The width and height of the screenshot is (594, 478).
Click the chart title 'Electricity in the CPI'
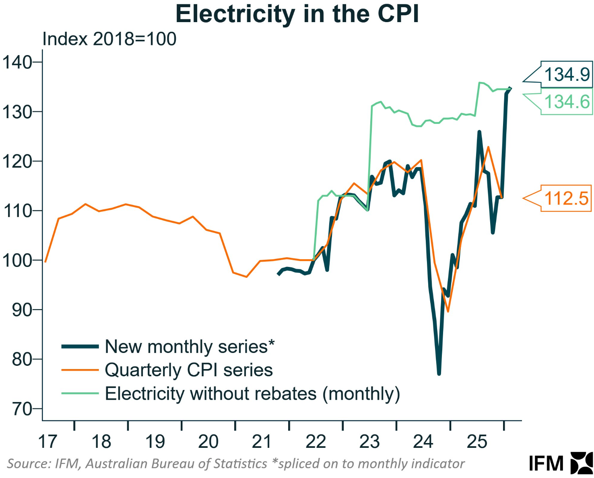tap(297, 14)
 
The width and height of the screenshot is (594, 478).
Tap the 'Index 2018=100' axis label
tap(109, 39)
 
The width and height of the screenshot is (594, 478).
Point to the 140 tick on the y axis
tap(17, 62)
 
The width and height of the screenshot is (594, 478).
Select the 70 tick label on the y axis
tap(22, 409)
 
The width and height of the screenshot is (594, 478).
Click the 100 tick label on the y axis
tap(17, 261)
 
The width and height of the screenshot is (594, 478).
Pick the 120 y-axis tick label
tap(17, 162)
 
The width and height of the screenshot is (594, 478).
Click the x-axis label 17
tap(47, 442)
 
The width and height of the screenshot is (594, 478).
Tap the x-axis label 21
tap(262, 442)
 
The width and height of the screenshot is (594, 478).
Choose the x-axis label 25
tap(477, 442)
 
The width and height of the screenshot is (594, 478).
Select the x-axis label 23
tap(369, 442)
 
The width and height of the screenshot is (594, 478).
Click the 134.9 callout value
tap(567, 75)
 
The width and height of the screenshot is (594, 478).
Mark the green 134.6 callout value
tap(567, 102)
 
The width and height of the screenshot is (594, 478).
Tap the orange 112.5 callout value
tap(566, 199)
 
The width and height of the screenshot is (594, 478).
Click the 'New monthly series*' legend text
tap(190, 347)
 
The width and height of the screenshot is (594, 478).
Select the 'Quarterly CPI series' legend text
tap(189, 370)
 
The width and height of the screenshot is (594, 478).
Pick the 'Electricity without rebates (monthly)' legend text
tap(252, 394)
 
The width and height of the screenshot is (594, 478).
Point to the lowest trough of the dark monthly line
tap(439, 374)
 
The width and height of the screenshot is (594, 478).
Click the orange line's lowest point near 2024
tap(448, 311)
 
